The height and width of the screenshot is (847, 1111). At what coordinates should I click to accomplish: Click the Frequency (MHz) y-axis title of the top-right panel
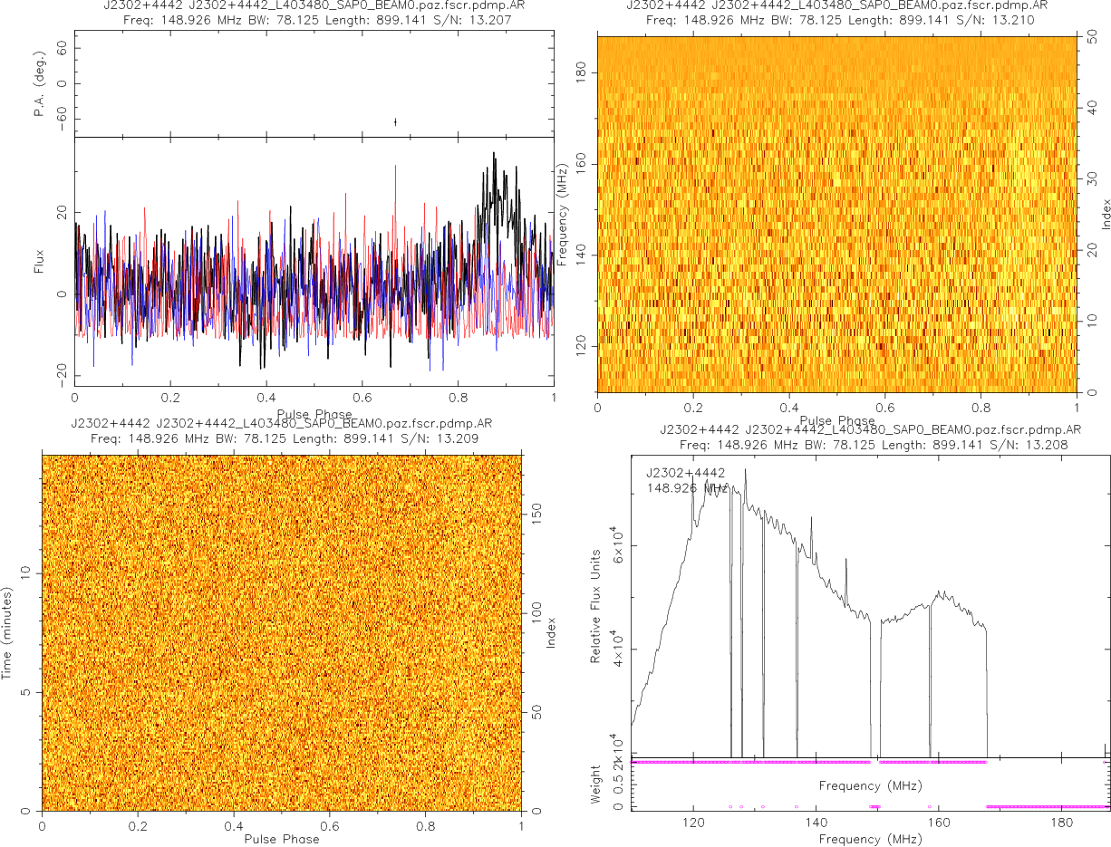pos(563,214)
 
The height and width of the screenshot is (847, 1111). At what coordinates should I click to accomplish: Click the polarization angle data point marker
pos(395,121)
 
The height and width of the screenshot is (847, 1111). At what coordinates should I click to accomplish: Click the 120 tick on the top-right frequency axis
pos(584,347)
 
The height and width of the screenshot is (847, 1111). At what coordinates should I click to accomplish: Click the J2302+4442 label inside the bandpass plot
pos(686,473)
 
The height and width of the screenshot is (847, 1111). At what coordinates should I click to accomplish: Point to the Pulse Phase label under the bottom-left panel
pos(282,839)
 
